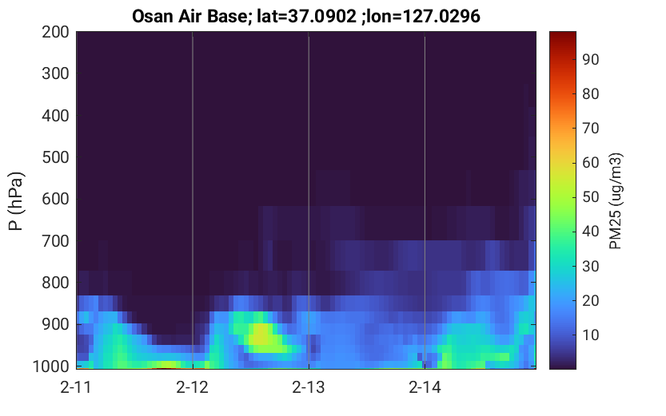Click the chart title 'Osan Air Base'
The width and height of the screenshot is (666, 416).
189,16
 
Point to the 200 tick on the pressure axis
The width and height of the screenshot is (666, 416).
55,32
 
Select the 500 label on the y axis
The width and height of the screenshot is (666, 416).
55,157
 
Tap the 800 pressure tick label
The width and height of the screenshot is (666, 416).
55,283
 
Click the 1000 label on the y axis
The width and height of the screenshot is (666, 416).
51,366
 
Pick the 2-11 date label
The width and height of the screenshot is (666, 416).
76,387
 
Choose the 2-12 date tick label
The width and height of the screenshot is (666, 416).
193,387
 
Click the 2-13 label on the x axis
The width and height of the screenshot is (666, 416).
309,387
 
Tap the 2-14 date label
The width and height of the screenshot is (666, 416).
425,387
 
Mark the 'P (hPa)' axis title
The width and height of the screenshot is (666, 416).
16,201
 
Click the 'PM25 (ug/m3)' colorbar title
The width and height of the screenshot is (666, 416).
616,201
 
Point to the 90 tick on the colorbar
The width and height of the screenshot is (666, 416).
590,59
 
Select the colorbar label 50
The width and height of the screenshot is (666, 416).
590,197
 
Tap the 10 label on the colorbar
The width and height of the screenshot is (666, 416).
590,335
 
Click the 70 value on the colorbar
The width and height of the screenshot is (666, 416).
590,129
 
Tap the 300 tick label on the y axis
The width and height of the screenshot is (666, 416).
55,73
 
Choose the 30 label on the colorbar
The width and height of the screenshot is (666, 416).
590,267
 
